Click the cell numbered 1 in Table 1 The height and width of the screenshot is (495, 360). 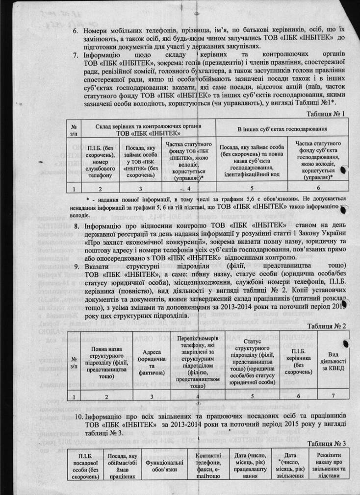point(73,187)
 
